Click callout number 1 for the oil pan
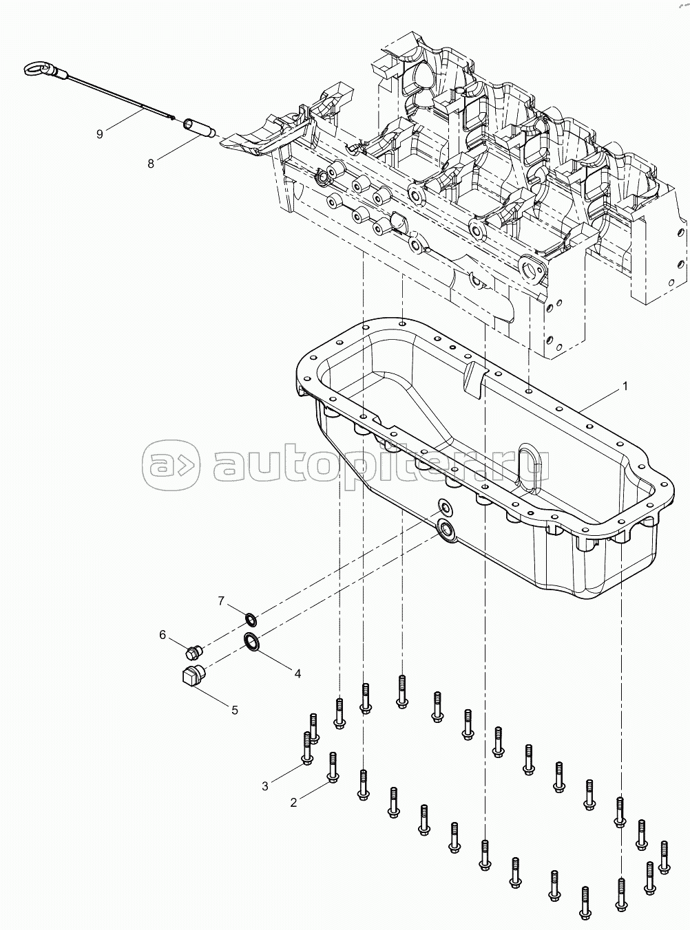click(624, 386)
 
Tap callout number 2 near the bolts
click(293, 803)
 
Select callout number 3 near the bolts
click(265, 787)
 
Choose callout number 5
click(235, 710)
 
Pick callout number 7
click(221, 601)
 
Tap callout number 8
click(151, 164)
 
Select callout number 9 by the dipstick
click(99, 134)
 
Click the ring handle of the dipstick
click(38, 68)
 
